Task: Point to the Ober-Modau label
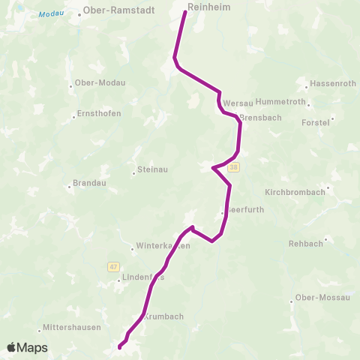tap(97, 83)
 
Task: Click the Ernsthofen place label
tap(98, 114)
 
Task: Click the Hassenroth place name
tap(333, 84)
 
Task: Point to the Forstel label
tap(315, 121)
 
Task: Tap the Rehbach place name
tap(306, 244)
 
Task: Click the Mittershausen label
tap(67, 329)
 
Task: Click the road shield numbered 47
tap(113, 266)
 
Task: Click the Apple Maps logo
tap(27, 347)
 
